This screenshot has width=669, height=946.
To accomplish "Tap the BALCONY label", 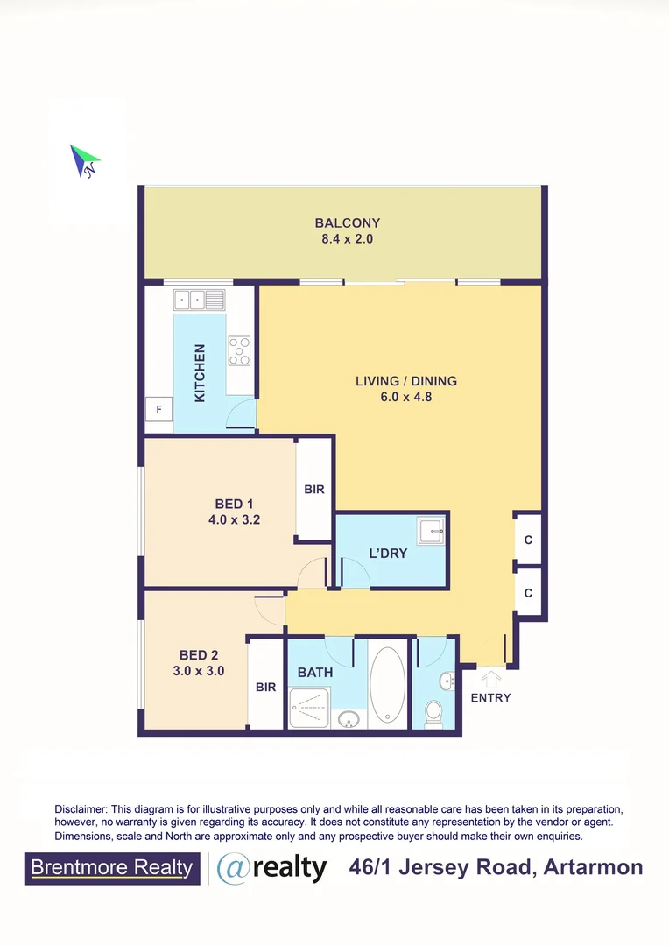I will tap(348, 223).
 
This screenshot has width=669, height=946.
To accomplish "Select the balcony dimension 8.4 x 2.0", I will tap(348, 238).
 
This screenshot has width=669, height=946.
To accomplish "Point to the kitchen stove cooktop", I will tap(240, 351).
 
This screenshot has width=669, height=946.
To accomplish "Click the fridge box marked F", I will tap(159, 409).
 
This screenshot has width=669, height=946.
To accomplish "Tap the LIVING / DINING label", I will tap(406, 381).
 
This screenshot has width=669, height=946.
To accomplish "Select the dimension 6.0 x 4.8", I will tap(406, 397).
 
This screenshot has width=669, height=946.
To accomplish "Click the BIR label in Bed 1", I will tap(314, 490).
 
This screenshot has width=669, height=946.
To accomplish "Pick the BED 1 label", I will tap(234, 504).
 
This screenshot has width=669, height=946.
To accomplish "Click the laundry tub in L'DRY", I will tap(430, 531).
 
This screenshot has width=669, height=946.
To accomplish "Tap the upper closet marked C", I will tap(528, 540).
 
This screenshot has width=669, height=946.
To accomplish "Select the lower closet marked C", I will tap(528, 594).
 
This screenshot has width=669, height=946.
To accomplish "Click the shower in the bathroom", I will tap(311, 706).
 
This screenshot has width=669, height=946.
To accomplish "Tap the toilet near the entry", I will tap(433, 713).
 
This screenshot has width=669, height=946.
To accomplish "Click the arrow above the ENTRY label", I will tap(491, 679).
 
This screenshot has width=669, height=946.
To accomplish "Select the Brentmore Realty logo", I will tap(112, 868).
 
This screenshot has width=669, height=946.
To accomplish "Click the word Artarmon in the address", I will tap(593, 868).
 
